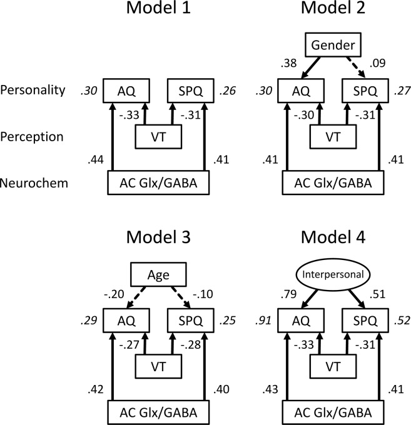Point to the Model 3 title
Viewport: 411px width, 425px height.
pos(159,238)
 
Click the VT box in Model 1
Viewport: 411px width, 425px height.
pos(159,135)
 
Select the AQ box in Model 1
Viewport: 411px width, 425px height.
pos(124,90)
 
